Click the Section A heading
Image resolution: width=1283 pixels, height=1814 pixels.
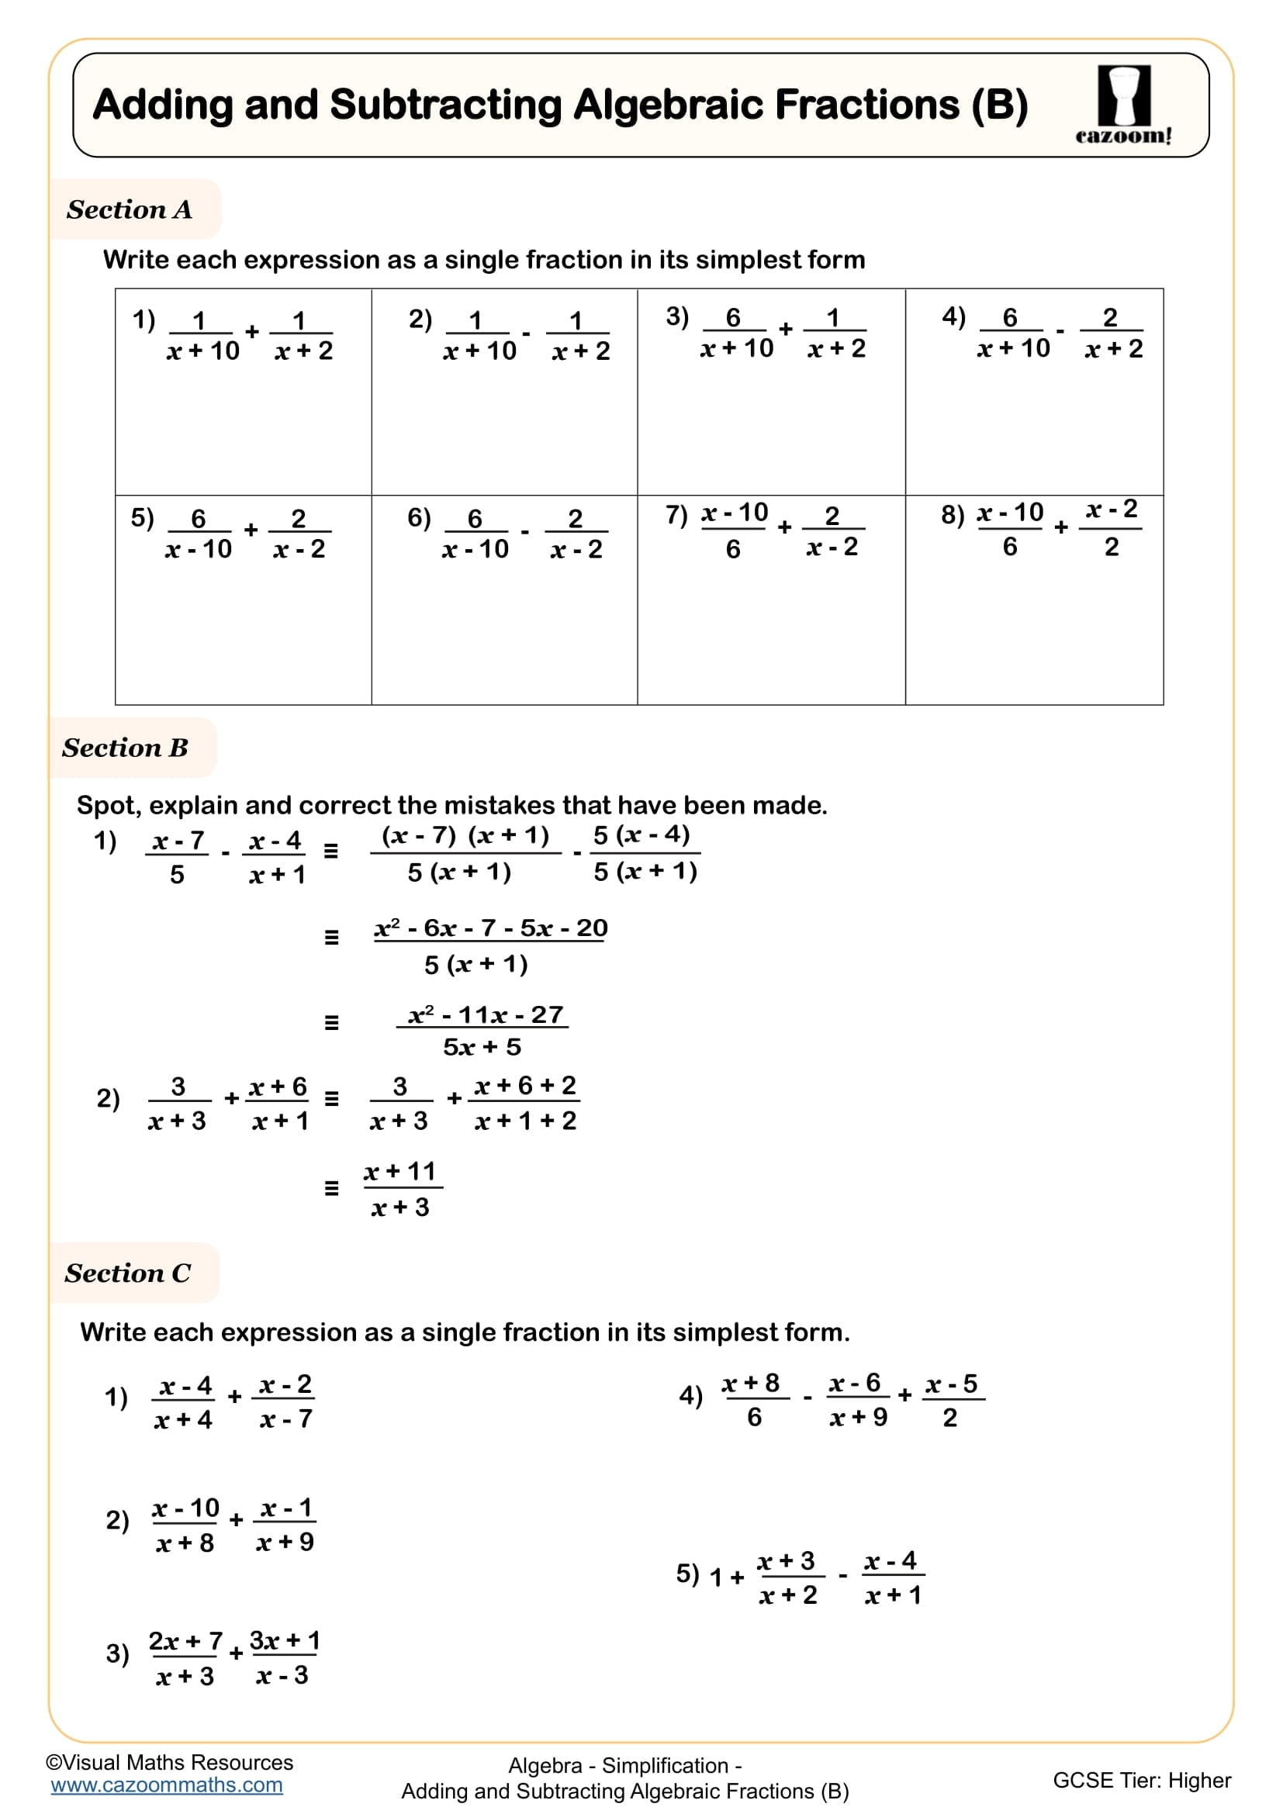tap(130, 209)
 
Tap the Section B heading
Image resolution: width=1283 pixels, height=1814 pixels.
tap(126, 748)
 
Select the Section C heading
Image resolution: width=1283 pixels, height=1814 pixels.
tap(128, 1273)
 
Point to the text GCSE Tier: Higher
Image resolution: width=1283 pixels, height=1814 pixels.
tap(1142, 1780)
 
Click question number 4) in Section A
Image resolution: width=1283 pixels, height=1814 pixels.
tap(953, 317)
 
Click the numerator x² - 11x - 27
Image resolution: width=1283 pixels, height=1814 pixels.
tap(485, 1014)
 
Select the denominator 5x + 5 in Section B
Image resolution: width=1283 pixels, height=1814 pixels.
tap(482, 1047)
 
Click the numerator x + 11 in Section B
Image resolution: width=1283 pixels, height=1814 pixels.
tap(400, 1171)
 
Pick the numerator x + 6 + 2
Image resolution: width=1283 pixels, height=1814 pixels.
tap(525, 1086)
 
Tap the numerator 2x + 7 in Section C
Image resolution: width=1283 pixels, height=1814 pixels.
tap(185, 1641)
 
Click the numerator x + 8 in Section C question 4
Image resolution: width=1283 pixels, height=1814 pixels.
tap(751, 1384)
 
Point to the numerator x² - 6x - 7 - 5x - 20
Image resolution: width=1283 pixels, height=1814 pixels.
tap(490, 928)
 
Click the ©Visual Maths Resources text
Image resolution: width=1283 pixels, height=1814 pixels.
tap(169, 1762)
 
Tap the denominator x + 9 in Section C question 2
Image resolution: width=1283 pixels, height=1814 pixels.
tap(285, 1542)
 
